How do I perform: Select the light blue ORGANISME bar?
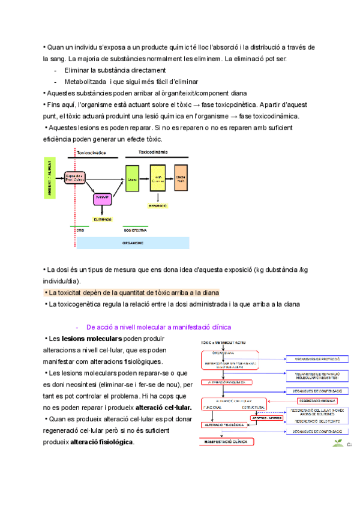click(133, 243)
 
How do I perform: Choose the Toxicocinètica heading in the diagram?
click(91, 153)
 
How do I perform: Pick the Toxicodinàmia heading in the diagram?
click(153, 152)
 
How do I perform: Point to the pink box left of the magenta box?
click(75, 177)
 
